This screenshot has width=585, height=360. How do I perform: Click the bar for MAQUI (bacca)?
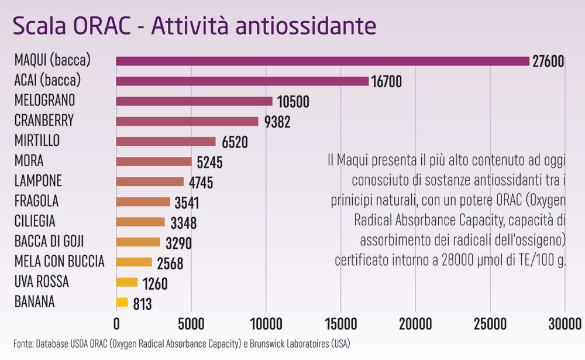pos(323,61)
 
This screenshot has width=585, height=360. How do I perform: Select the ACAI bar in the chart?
pos(242,81)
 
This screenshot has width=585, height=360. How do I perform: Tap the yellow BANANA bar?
pos(122,302)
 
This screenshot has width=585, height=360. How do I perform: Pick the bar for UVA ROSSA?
pos(127,282)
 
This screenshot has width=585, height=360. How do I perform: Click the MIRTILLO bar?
pos(166,142)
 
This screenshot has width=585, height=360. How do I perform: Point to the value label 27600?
pos(548,61)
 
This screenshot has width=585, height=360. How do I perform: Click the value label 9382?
pos(277,122)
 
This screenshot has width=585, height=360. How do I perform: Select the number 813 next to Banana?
pos(143,304)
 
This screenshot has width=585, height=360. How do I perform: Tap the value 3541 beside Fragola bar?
pos(187,203)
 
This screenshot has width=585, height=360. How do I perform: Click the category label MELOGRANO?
pos(45,100)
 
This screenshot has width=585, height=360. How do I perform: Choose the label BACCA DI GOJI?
pos(49,241)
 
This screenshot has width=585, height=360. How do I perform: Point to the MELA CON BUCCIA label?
pos(59,262)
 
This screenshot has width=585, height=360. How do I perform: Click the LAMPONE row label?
pos(38,181)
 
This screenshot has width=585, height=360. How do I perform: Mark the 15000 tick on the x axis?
pos(341,324)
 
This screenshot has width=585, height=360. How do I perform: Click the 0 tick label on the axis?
pos(116,324)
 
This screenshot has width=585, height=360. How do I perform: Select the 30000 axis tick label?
pos(565,324)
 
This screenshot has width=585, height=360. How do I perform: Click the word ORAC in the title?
pos(102,26)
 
